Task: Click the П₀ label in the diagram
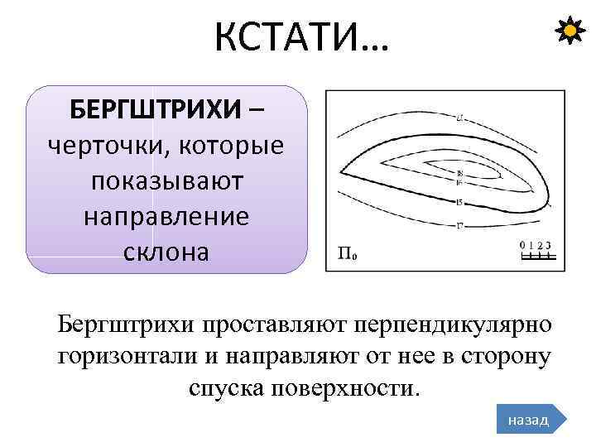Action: click(x=348, y=253)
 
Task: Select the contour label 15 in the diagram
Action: click(x=459, y=203)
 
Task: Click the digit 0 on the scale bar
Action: click(x=522, y=245)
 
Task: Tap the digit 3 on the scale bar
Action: click(x=549, y=245)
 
